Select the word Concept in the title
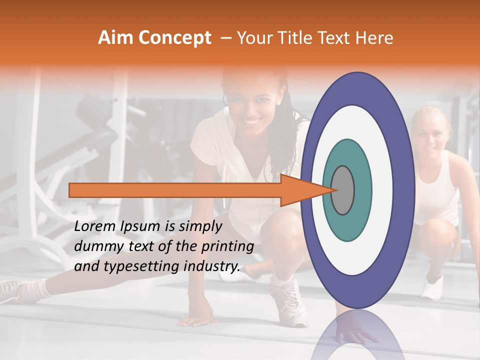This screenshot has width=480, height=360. tap(175, 38)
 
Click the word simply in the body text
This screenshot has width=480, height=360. tap(199, 226)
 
